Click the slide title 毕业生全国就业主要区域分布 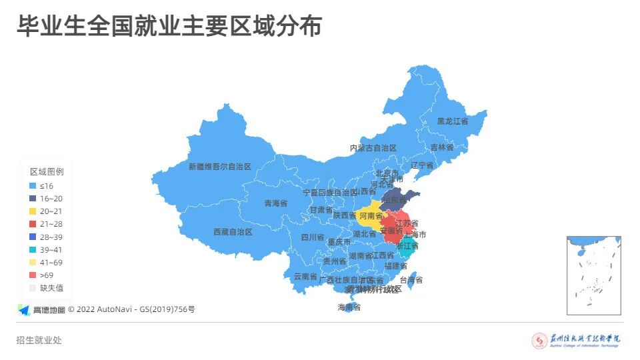[169, 27]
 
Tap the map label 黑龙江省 [452, 121]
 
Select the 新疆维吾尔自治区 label [219, 167]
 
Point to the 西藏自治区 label [233, 232]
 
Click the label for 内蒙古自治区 [373, 148]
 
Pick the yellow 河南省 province [370, 216]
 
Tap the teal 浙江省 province [407, 246]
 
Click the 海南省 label [349, 307]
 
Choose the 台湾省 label [411, 280]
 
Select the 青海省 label [275, 203]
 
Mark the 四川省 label [312, 237]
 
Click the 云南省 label [305, 276]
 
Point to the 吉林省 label [441, 147]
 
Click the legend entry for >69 [46, 275]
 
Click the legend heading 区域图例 [47, 171]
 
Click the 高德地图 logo [41, 309]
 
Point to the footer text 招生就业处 [39, 340]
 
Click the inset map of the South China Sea [593, 275]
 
